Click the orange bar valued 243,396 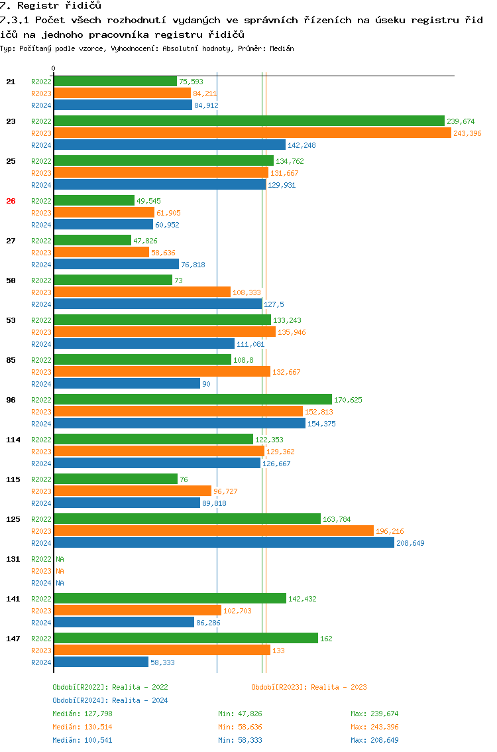[x=252, y=133]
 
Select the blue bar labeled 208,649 [x=224, y=543]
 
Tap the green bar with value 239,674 [x=248, y=121]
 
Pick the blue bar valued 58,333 [x=101, y=662]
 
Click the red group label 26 [x=11, y=201]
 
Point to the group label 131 [x=13, y=559]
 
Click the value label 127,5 [x=274, y=304]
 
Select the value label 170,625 [x=348, y=400]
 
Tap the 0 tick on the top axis [x=54, y=68]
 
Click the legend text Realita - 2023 [x=339, y=687]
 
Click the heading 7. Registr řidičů [x=50, y=6]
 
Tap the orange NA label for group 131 [x=60, y=571]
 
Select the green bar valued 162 [x=186, y=639]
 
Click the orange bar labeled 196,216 [x=213, y=531]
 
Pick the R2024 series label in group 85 [x=41, y=384]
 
